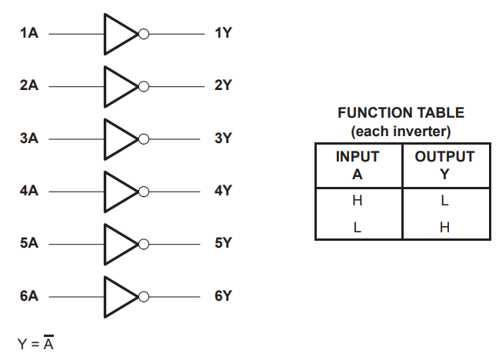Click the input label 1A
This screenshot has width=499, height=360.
tap(29, 34)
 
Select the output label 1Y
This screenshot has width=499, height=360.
tap(223, 34)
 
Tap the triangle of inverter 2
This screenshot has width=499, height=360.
tap(118, 86)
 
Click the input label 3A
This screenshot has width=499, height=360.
tap(29, 138)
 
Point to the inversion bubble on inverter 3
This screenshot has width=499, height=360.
tap(143, 138)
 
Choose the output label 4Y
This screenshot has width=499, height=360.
tap(223, 191)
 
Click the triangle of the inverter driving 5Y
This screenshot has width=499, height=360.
tap(118, 243)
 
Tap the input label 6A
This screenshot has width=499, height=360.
tap(29, 295)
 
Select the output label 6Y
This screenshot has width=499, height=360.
tap(223, 295)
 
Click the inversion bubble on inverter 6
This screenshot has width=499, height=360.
tap(143, 295)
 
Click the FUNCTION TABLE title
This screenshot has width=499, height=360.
tap(401, 113)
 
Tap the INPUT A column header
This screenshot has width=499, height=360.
tap(358, 165)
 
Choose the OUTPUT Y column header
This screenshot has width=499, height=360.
tap(444, 165)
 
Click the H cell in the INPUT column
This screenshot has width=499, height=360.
tap(358, 201)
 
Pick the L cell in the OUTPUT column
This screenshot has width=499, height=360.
tap(444, 201)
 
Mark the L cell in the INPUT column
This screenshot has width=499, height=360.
tap(358, 227)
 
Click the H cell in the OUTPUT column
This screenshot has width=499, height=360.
tap(444, 227)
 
